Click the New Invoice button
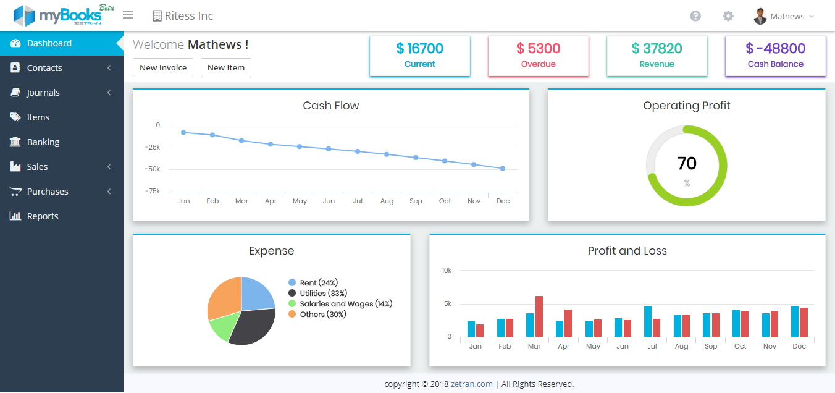click(x=163, y=67)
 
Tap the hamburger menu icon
click(x=128, y=15)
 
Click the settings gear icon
click(x=728, y=16)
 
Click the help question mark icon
click(x=695, y=16)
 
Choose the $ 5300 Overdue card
click(x=539, y=56)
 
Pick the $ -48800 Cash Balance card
click(x=775, y=56)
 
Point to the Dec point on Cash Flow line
click(x=503, y=169)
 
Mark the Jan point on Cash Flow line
click(x=183, y=132)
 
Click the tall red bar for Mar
click(x=539, y=316)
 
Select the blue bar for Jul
click(x=648, y=321)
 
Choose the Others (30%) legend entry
click(x=317, y=315)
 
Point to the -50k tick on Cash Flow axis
click(x=152, y=169)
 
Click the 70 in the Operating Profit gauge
click(x=687, y=163)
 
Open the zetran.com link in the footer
click(x=472, y=384)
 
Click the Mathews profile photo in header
click(x=760, y=17)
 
